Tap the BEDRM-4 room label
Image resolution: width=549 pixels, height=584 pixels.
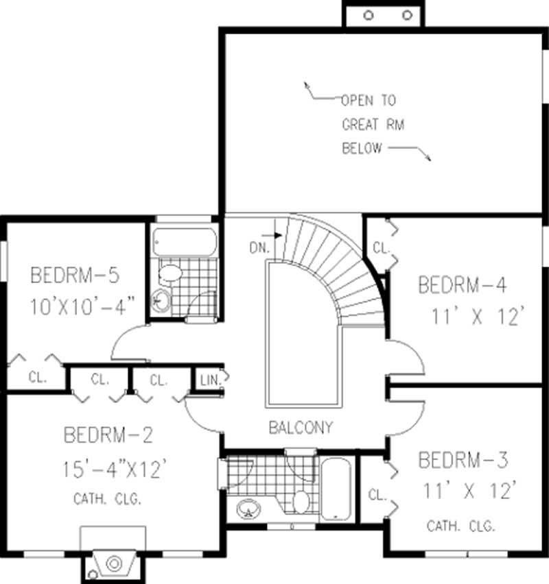click(x=463, y=284)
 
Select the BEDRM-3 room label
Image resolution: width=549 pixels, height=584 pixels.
click(x=463, y=459)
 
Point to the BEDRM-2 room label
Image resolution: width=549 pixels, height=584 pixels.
click(x=108, y=435)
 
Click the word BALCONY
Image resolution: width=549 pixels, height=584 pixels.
click(x=301, y=428)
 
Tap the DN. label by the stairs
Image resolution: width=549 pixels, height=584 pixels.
click(x=259, y=248)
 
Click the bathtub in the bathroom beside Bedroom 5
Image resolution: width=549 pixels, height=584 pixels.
click(x=184, y=241)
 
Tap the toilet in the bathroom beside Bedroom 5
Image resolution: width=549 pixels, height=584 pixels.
click(x=170, y=274)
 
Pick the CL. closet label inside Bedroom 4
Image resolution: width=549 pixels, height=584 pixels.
click(x=380, y=247)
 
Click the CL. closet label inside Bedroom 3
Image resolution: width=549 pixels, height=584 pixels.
click(x=376, y=494)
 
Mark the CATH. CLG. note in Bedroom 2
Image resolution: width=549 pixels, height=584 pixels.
click(x=108, y=499)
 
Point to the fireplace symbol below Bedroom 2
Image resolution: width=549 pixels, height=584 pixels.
click(x=113, y=563)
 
